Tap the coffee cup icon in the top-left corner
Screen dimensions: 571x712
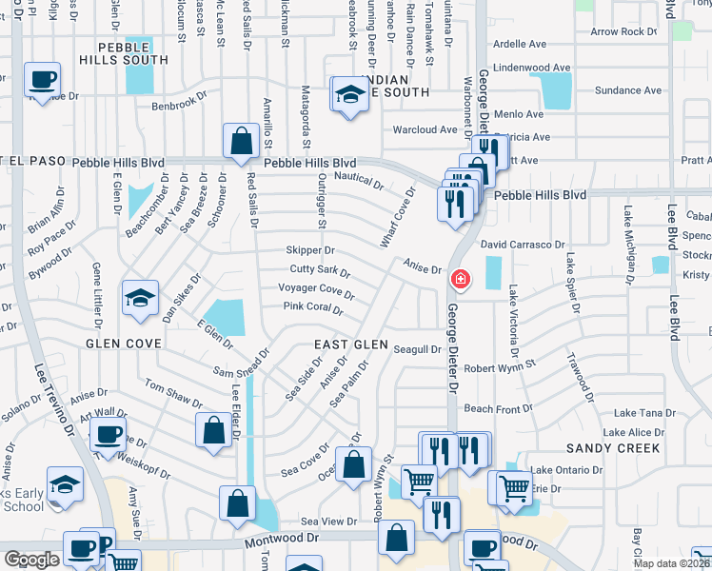pyautogui.click(x=42, y=80)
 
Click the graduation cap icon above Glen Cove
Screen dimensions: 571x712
pyautogui.click(x=139, y=298)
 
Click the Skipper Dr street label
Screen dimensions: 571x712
pyautogui.click(x=310, y=250)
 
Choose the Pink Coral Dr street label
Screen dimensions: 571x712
pyautogui.click(x=312, y=307)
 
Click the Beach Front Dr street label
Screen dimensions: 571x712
pyautogui.click(x=492, y=409)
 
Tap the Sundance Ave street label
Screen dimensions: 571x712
pyautogui.click(x=627, y=90)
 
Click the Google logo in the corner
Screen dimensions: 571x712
pyautogui.click(x=32, y=559)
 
